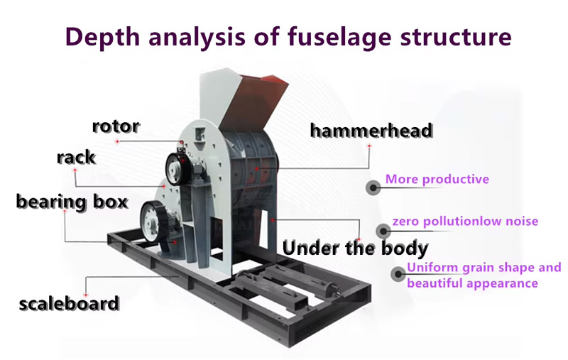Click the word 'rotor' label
pyautogui.click(x=116, y=126)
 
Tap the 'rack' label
pyautogui.click(x=75, y=157)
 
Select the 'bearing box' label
pyautogui.click(x=72, y=202)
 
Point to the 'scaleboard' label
pyautogui.click(x=69, y=304)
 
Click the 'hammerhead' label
pyautogui.click(x=371, y=131)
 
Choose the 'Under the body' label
pyautogui.click(x=355, y=248)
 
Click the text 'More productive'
pyautogui.click(x=437, y=179)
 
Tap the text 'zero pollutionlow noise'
pyautogui.click(x=465, y=222)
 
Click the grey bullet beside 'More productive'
pyautogui.click(x=373, y=187)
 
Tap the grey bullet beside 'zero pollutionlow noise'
pyautogui.click(x=383, y=230)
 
